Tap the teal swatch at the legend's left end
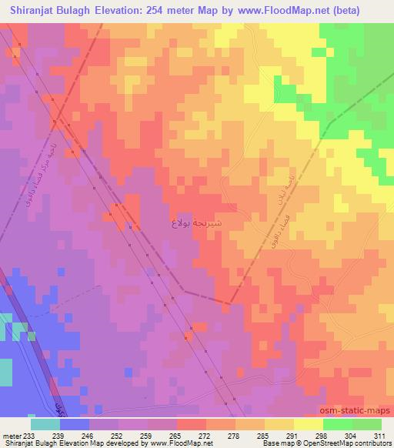(x=45, y=423)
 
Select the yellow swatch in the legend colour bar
(x=308, y=423)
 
